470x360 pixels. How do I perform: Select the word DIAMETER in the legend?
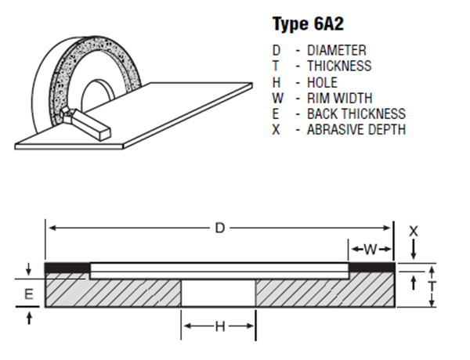(337, 50)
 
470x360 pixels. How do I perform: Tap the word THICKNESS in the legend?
(339, 66)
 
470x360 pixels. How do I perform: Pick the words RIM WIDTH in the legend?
(340, 98)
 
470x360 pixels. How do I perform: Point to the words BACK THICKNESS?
(356, 113)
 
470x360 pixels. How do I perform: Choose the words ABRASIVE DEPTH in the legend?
(356, 129)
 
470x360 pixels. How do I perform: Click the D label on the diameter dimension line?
(220, 228)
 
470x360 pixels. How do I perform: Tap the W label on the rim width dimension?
(371, 250)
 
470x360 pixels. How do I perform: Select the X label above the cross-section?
(414, 231)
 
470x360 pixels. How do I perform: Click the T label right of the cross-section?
(431, 286)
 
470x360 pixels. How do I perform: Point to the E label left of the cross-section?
(28, 294)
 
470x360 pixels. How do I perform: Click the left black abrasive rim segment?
(68, 268)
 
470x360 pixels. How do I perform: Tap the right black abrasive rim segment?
(370, 268)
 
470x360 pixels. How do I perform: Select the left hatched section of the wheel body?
(114, 292)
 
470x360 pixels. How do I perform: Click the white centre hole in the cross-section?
(219, 293)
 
